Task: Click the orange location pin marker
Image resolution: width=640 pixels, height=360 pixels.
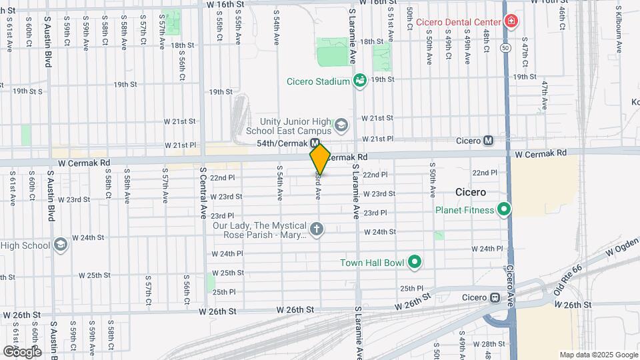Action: click(x=320, y=159)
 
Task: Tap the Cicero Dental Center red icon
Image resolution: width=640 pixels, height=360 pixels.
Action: click(x=511, y=21)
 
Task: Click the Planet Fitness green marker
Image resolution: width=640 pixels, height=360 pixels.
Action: click(x=505, y=210)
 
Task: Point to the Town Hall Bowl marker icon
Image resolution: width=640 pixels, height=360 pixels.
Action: click(x=415, y=262)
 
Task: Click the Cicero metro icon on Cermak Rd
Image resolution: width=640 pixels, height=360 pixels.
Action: click(x=489, y=141)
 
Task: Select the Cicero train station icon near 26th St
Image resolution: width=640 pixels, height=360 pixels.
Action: click(x=495, y=297)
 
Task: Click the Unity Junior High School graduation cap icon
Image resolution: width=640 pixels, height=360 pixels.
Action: click(x=341, y=125)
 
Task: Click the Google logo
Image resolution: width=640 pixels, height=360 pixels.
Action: click(x=22, y=351)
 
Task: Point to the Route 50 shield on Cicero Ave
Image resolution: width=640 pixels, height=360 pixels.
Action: click(x=506, y=48)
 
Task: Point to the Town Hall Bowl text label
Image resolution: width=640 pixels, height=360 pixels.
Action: click(x=372, y=262)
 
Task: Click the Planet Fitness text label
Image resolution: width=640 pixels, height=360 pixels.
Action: click(x=465, y=210)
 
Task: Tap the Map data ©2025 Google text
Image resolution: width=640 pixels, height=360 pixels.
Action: click(x=598, y=355)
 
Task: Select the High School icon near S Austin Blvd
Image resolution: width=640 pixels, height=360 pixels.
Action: click(x=61, y=245)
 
